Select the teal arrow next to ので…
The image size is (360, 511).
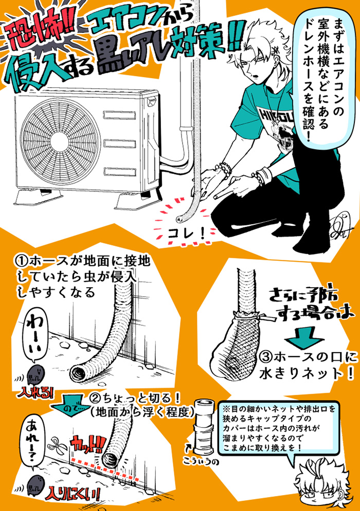point(82,399)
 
